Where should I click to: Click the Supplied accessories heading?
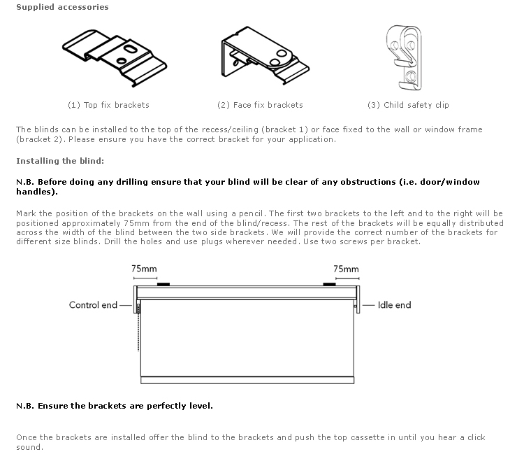click(62, 7)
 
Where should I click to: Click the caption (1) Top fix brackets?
click(108, 105)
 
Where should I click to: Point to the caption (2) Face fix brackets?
click(260, 105)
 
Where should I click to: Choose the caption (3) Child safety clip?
click(408, 105)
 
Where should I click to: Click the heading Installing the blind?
click(60, 161)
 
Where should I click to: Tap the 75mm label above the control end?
click(144, 269)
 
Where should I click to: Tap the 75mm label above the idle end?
click(346, 269)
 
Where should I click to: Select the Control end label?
click(93, 305)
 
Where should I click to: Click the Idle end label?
click(394, 305)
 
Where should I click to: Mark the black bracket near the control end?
click(163, 284)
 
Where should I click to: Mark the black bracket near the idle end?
click(328, 284)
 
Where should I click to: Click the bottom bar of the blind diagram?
click(248, 380)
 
